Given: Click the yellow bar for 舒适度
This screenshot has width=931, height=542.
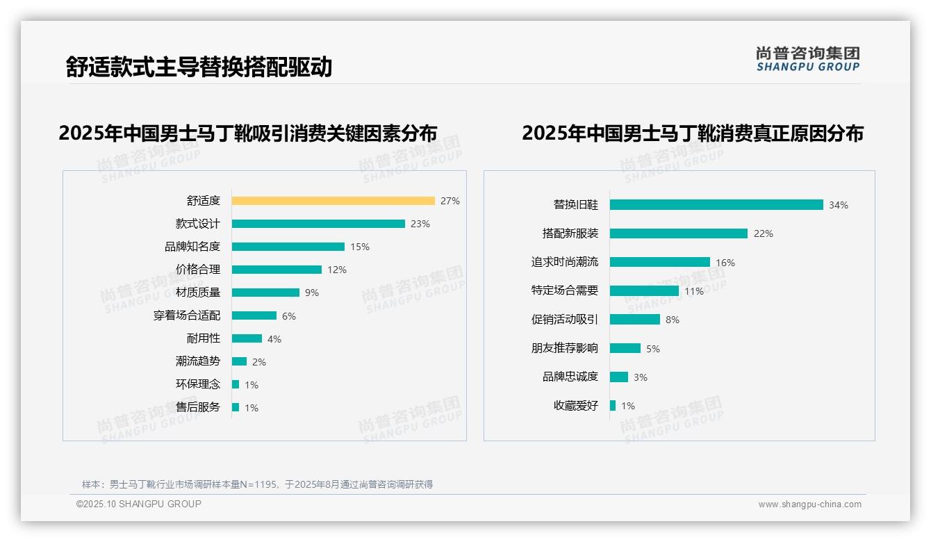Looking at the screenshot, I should tap(333, 201).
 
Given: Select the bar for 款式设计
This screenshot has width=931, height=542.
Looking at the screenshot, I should tap(318, 224).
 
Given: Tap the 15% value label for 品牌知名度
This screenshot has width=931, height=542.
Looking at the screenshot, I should tap(360, 247).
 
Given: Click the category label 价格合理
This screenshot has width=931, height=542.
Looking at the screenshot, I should tap(198, 270).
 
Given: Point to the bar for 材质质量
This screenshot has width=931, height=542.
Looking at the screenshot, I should tap(265, 293).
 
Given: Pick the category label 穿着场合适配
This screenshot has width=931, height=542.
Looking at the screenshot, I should tap(187, 315).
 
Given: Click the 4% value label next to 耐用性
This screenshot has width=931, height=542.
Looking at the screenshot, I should tap(274, 339).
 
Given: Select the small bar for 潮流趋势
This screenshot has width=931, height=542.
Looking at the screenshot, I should tap(239, 361).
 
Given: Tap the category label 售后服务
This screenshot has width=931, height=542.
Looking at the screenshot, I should tap(198, 407).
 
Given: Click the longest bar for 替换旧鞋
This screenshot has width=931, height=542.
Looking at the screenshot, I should tap(716, 205).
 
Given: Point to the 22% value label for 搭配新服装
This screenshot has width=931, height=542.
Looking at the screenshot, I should tap(764, 233).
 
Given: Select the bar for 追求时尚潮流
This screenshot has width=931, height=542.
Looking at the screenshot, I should tap(660, 262).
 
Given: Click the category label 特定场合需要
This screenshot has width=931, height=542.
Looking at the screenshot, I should tap(565, 290).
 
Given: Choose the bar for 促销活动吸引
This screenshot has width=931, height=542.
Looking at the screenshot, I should tap(635, 320).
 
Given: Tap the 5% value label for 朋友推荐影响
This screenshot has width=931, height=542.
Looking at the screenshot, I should tap(653, 349).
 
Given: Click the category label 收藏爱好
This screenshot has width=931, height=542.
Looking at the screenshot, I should tap(576, 406).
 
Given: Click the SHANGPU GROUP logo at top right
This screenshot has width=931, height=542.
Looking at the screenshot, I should tap(808, 59).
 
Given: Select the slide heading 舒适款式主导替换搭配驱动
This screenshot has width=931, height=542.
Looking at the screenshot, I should tap(199, 67).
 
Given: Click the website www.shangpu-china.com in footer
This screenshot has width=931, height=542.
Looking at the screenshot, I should tap(809, 504).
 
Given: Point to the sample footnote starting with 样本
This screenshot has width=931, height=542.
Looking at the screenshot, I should tap(257, 484).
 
